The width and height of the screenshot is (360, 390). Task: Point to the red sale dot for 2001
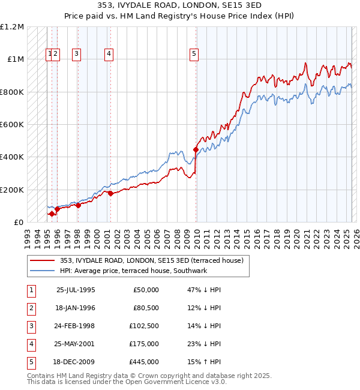110,193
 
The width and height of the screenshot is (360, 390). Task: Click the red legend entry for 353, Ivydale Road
151,260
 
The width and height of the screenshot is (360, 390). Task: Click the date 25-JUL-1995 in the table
76,290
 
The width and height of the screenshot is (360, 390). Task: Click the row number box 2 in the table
31,308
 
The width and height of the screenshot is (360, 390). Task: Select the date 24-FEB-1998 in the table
76,326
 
